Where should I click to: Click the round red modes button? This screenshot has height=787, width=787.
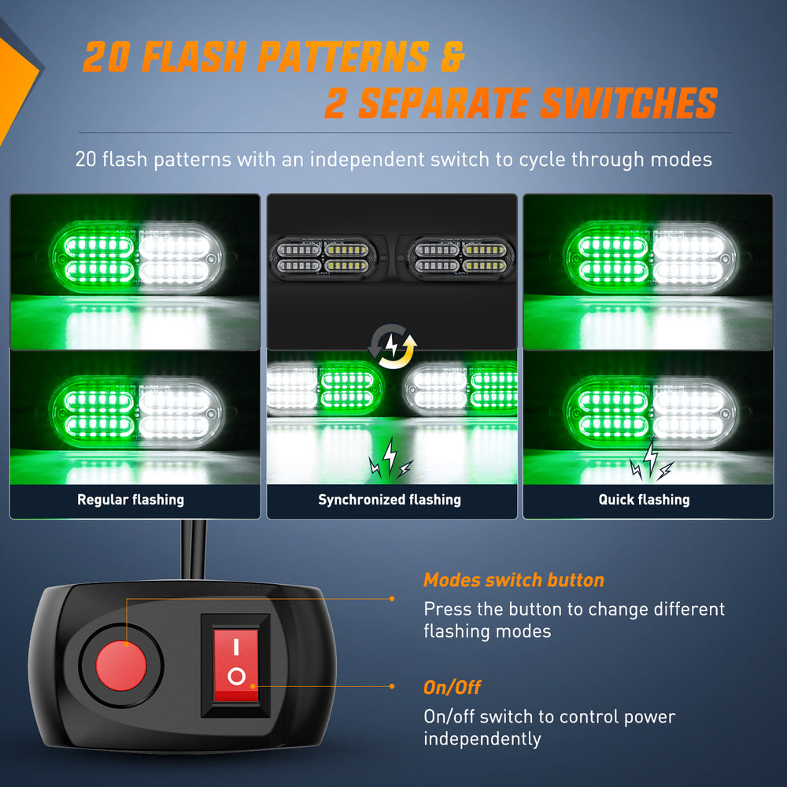coord(121,666)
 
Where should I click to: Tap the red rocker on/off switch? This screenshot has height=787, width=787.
coord(236,666)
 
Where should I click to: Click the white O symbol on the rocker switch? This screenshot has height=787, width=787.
coord(236,677)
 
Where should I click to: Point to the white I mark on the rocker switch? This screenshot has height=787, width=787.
coord(236,646)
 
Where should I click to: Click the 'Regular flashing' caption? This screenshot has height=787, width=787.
coord(131,500)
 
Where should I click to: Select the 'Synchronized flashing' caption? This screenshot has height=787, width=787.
coord(390,500)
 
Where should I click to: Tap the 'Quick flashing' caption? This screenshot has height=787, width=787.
coord(644,500)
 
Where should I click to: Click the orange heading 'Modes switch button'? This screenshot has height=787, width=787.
coord(513,580)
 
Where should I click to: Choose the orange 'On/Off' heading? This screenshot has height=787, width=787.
coord(452,688)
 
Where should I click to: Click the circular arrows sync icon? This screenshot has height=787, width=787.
coord(393,346)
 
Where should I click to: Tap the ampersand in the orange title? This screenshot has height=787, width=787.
coord(453,56)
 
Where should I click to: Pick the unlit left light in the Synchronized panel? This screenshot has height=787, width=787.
coord(323,258)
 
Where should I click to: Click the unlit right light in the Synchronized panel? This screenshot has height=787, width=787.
coord(460,258)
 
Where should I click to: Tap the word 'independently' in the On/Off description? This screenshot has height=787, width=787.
coord(482,739)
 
